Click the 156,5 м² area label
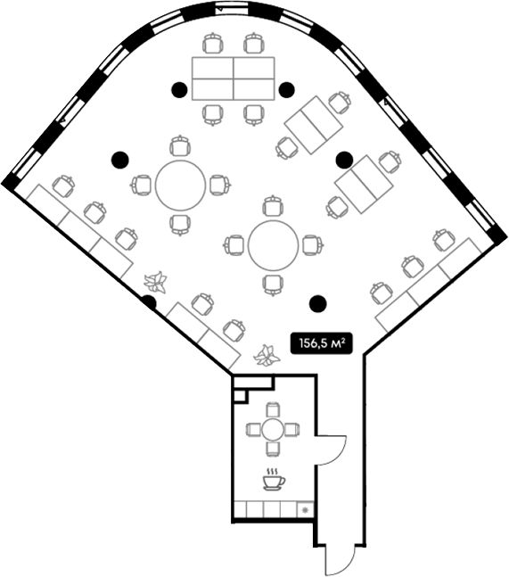tap(320, 343)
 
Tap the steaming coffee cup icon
tap(274, 479)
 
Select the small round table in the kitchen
tap(272, 430)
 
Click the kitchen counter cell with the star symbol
tap(305, 509)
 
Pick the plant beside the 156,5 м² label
tap(267, 355)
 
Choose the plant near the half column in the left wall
tap(156, 282)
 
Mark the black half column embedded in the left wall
tap(150, 302)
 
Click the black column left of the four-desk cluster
tap(179, 89)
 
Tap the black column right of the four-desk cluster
tap(286, 90)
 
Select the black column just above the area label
tap(318, 303)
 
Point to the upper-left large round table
tap(181, 185)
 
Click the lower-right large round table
tap(274, 245)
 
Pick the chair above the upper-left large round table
tap(180, 146)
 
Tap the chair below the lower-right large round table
tap(274, 285)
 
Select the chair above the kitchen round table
tap(273, 410)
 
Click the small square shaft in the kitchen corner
tap(240, 396)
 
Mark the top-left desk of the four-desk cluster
tap(212, 68)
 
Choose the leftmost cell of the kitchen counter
tap(241, 509)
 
